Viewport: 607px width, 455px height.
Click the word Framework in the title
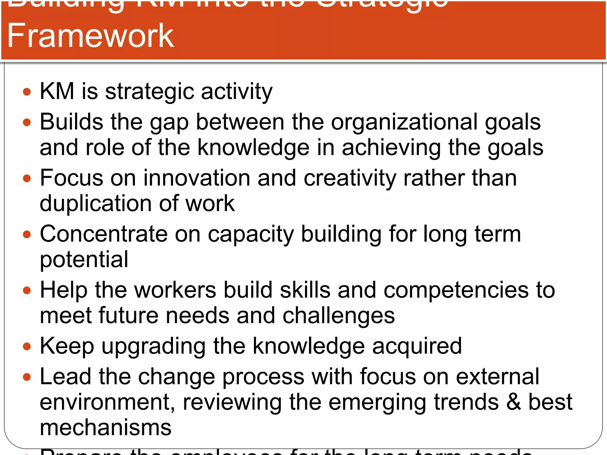[90, 36]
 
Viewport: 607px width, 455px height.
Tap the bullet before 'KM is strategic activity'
[27, 92]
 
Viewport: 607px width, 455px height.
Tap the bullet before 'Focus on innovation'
[27, 178]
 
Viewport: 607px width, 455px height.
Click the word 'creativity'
[350, 178]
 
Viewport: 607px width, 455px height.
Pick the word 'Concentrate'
[104, 234]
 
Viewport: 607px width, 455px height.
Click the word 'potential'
[84, 260]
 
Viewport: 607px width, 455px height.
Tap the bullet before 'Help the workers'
[27, 290]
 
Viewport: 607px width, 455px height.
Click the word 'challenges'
[338, 316]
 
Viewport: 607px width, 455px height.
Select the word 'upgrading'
[154, 346]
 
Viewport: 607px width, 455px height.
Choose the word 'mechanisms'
[106, 428]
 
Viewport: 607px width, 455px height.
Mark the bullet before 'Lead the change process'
[27, 377]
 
